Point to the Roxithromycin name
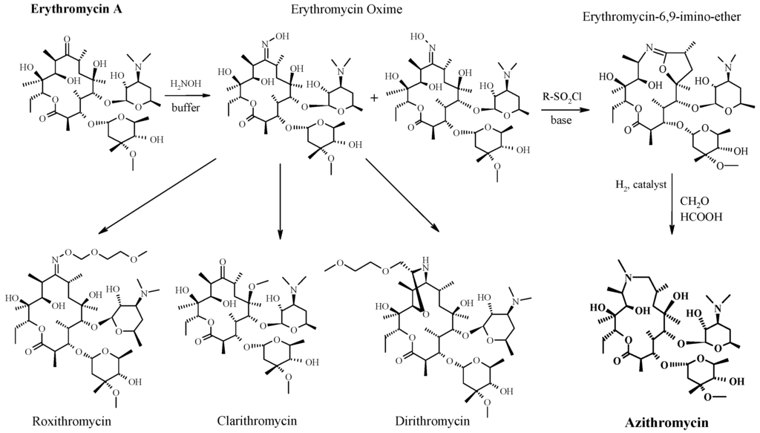72,422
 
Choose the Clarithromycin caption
257,421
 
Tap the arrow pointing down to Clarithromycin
281,201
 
